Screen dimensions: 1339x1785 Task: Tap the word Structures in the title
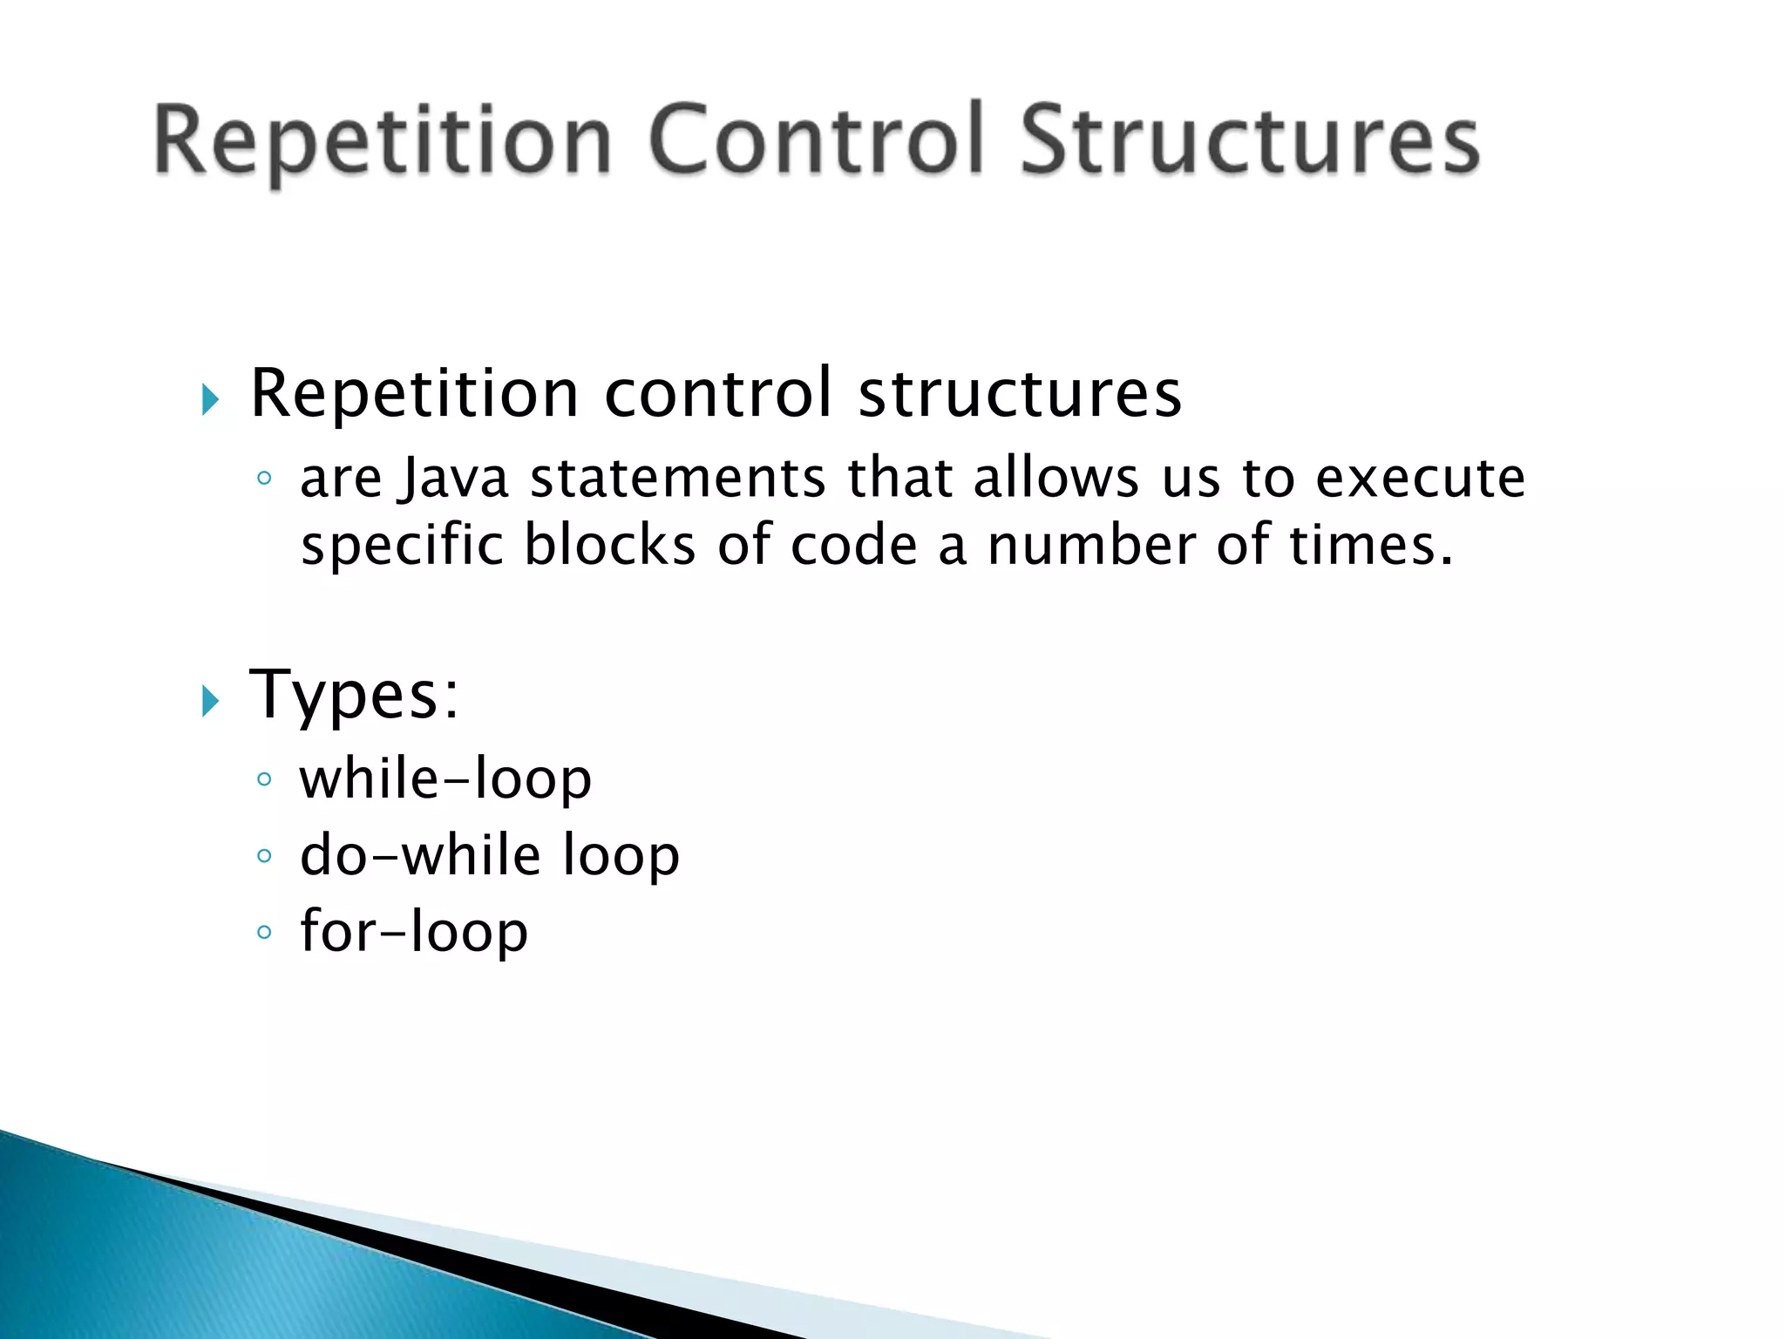(x=1249, y=139)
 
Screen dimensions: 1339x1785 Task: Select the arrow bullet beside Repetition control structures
(x=209, y=400)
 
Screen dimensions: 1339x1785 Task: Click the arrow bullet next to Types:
(x=209, y=700)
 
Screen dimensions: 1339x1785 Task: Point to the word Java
(x=452, y=479)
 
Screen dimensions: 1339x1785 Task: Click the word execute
(x=1420, y=479)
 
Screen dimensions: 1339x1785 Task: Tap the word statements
(x=678, y=479)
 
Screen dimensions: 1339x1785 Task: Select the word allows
(x=1055, y=479)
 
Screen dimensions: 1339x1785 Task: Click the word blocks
(x=609, y=546)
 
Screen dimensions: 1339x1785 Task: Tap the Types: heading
(x=354, y=695)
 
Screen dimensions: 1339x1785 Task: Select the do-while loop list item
(x=489, y=855)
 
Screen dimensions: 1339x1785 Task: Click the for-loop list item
(x=413, y=931)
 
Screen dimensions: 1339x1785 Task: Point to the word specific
(x=402, y=547)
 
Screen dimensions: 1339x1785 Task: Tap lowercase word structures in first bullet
(x=1020, y=394)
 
